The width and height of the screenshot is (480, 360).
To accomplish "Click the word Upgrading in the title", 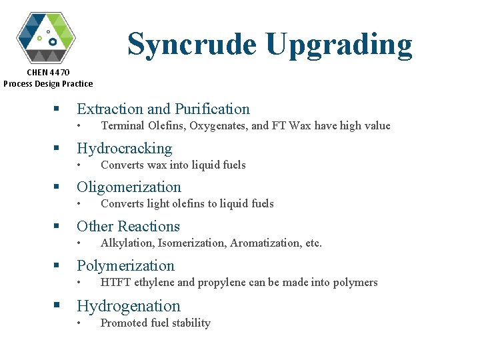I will coord(339,45).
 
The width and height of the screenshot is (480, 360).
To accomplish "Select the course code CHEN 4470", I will coord(48,72).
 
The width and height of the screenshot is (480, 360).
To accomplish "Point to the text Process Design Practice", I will coord(48,83).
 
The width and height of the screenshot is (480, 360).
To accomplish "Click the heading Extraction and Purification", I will coord(163,109).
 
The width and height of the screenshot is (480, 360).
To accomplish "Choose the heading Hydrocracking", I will coord(124,148).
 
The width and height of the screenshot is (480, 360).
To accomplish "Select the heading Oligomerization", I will coord(129,187).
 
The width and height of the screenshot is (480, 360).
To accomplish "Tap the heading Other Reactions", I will coord(128,226).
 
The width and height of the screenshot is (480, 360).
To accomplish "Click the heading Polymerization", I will coord(125,265).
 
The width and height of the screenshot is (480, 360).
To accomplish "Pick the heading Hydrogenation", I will coord(129,306).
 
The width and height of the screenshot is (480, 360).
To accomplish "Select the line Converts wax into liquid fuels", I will coord(173,165).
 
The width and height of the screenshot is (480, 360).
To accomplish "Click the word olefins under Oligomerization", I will coord(193,203).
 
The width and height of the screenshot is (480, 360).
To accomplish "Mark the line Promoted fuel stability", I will coord(155,323).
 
